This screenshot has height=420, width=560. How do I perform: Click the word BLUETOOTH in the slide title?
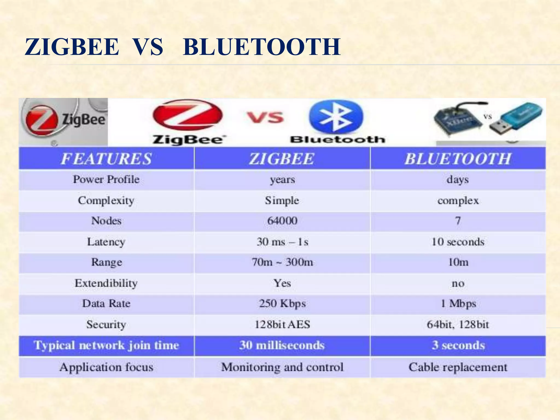[x=262, y=47]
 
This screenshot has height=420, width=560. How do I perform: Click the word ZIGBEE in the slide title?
[x=72, y=47]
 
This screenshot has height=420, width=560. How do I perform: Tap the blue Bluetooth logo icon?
[x=336, y=117]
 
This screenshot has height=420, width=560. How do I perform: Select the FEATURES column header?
[x=106, y=159]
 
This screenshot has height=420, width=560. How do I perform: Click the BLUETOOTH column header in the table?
[x=458, y=159]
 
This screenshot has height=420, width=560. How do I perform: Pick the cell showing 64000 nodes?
[x=282, y=221]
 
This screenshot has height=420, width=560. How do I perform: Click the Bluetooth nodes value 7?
[x=458, y=221]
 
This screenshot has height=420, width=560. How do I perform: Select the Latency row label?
[x=106, y=242]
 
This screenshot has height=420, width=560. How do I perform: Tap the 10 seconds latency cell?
[x=458, y=242]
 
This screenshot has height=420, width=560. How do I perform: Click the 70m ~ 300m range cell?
[x=282, y=262]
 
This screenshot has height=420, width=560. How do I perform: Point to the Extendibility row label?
[x=106, y=283]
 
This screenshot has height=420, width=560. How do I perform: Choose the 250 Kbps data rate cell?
[x=282, y=304]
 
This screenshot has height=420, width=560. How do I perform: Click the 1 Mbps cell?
[x=458, y=304]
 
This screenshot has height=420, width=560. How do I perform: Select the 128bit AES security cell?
[x=282, y=325]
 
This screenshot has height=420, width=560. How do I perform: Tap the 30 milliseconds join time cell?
[x=282, y=345]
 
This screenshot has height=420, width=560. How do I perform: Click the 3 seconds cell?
[x=458, y=345]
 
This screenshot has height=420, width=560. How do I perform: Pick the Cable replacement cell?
[x=458, y=367]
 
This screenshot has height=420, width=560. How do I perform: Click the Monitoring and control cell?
[x=282, y=367]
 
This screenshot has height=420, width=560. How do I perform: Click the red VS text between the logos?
[x=265, y=118]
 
